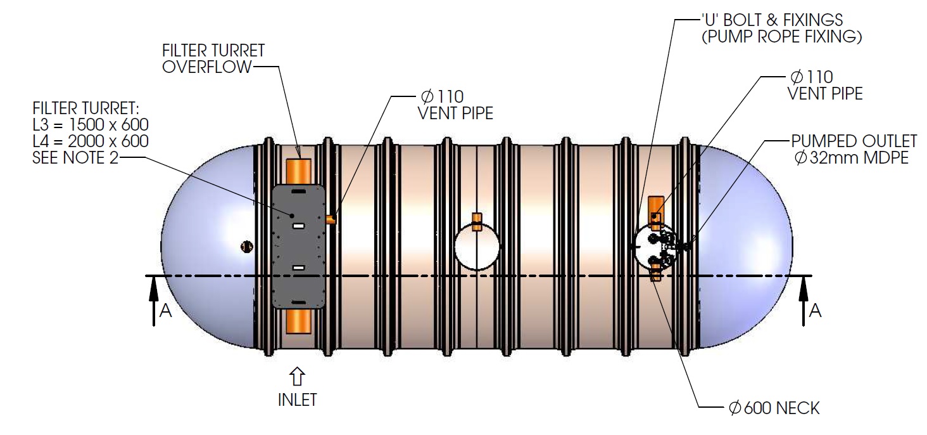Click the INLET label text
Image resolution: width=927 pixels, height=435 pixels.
coord(297,399)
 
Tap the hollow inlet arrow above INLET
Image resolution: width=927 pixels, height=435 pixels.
coord(297,377)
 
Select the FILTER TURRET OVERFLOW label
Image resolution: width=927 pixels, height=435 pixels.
coord(213,58)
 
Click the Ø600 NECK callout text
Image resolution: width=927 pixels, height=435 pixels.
coord(774,408)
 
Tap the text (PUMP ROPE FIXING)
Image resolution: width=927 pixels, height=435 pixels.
coord(781,37)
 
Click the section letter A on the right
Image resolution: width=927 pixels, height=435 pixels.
coord(816,310)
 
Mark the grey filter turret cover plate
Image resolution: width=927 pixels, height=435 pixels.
coord(298,247)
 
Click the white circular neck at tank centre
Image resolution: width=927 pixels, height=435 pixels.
coord(477,247)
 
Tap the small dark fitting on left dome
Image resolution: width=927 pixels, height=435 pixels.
coord(246,246)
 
